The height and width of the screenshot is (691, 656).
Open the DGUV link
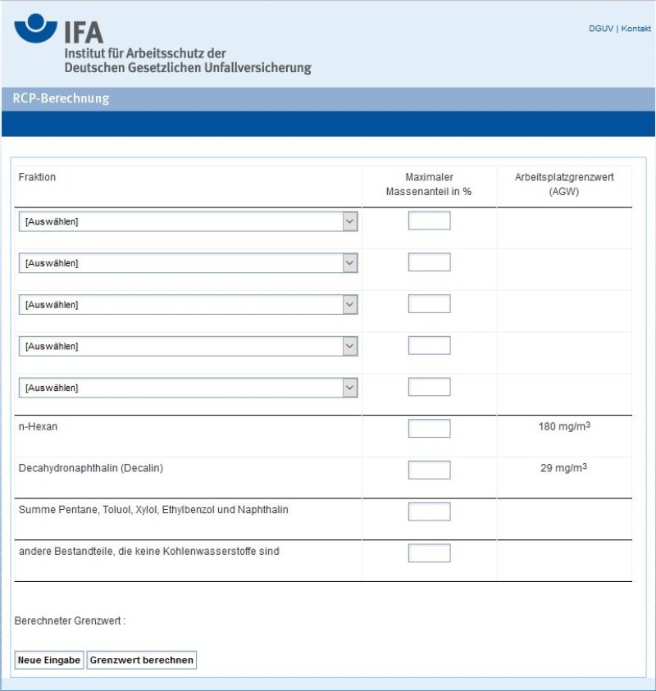click(600, 29)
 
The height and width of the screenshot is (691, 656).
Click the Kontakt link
click(636, 29)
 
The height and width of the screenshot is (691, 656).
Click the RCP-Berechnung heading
click(61, 99)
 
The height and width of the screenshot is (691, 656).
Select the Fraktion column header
click(37, 177)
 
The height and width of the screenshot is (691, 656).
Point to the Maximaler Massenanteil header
click(429, 184)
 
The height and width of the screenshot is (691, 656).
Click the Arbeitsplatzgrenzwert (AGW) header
click(563, 184)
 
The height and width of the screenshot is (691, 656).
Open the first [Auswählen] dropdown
click(188, 221)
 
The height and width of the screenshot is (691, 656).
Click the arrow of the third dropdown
click(350, 304)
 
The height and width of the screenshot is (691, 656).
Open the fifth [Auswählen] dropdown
click(188, 388)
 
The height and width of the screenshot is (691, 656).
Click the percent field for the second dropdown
click(429, 262)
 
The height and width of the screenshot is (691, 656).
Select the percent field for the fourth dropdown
click(429, 345)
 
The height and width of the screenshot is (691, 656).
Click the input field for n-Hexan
click(429, 429)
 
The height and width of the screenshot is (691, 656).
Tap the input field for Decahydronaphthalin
click(429, 470)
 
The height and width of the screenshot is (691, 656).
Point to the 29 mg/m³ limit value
click(563, 468)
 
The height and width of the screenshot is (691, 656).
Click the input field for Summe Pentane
click(429, 511)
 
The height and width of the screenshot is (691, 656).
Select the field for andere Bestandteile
click(429, 553)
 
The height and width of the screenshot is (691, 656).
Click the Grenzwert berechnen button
click(142, 660)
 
